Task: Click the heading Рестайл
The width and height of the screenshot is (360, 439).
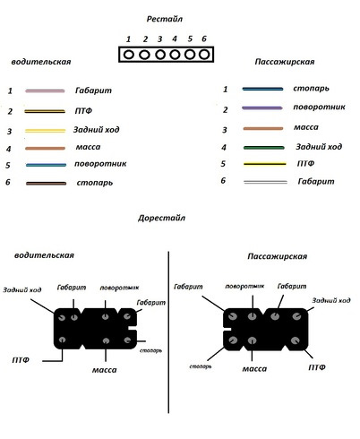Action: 164,19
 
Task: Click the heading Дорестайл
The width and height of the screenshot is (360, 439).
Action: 161,218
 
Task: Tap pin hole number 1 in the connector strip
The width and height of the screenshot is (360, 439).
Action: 129,55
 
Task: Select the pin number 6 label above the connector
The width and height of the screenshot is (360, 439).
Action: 204,39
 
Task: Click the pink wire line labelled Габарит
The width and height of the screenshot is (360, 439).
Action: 45,90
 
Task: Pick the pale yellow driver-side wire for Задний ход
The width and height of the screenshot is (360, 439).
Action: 45,131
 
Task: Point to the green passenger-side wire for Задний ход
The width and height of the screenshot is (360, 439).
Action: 263,148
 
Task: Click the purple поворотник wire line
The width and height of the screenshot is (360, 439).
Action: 262,108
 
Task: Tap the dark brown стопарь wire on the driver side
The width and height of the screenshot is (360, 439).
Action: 46,184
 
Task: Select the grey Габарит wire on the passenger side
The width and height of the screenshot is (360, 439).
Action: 265,182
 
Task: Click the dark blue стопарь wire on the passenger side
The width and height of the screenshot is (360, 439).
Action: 262,89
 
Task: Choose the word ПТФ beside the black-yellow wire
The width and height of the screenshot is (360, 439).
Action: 83,111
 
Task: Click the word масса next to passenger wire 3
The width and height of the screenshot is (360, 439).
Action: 306,127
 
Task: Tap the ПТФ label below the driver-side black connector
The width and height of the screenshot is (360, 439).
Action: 21,360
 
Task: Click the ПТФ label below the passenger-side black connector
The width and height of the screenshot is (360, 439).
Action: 317,367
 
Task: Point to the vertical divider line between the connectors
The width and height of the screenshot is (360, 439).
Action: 168,332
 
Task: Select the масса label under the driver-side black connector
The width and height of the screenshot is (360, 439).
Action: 104,370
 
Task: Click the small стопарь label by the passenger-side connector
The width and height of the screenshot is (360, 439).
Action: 201,366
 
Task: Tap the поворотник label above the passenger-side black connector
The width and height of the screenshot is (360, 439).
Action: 244,286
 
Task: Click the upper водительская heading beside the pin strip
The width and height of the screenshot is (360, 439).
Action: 41,62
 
